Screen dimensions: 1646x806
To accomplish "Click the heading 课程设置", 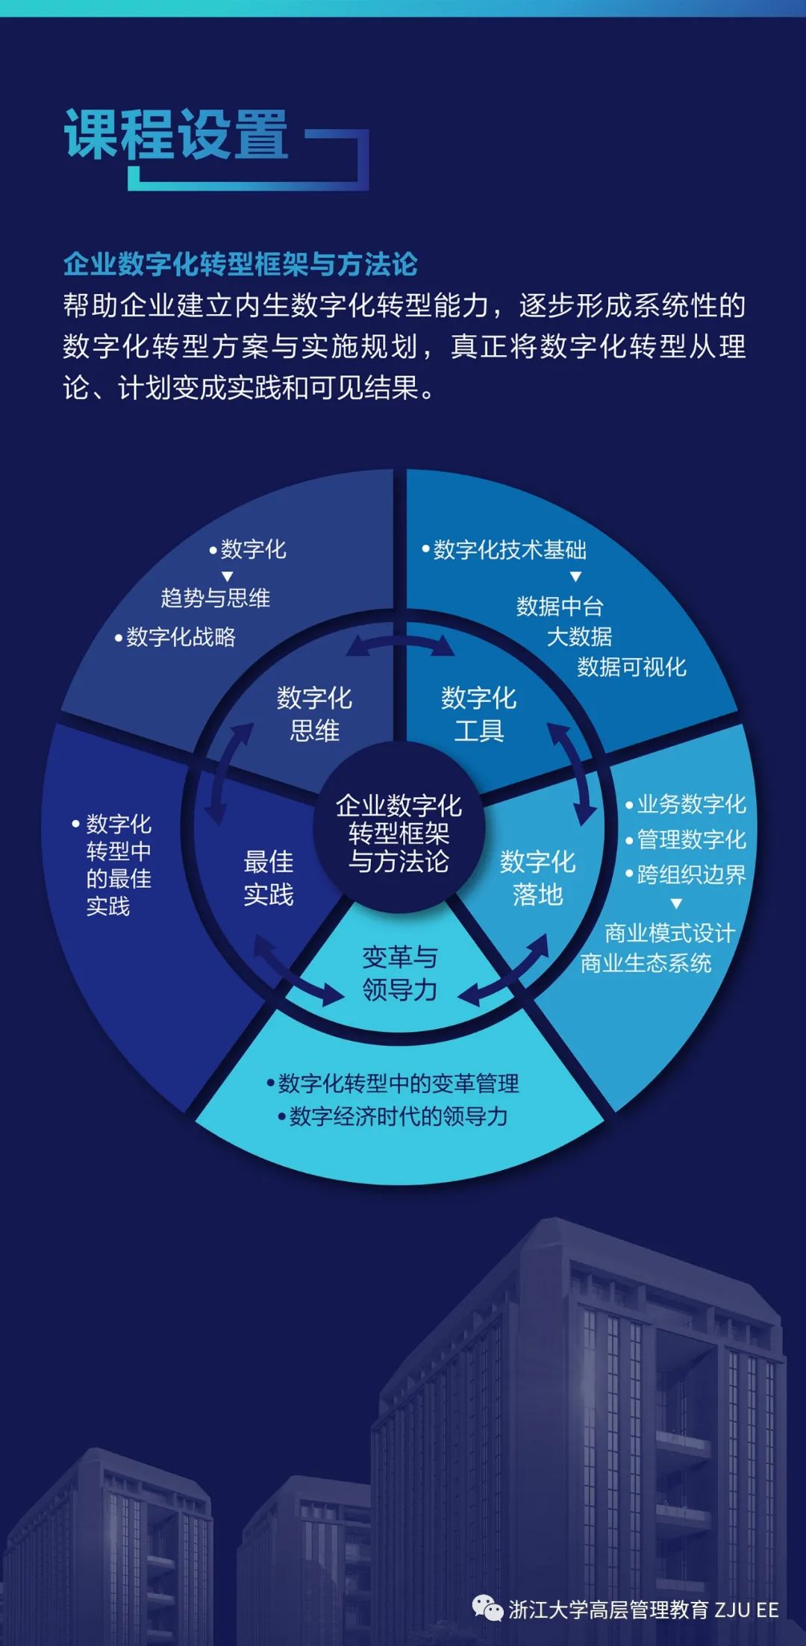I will pyautogui.click(x=176, y=134).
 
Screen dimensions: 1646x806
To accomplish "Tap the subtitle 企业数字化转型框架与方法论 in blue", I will pyautogui.click(x=240, y=264).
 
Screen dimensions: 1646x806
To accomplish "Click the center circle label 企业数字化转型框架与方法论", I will pyautogui.click(x=399, y=833).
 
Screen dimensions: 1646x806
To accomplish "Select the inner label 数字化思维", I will pyautogui.click(x=314, y=714).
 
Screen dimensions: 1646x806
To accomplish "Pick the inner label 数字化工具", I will pyautogui.click(x=478, y=714).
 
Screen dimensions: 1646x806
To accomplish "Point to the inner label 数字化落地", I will pyautogui.click(x=537, y=878).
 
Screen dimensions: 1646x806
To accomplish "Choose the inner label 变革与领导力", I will pyautogui.click(x=399, y=974).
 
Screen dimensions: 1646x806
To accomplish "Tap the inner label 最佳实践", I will pyautogui.click(x=269, y=878).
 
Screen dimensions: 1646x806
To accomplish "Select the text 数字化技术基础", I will pyautogui.click(x=510, y=550).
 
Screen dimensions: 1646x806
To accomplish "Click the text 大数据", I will pyautogui.click(x=579, y=636).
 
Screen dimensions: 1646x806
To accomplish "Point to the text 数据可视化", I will pyautogui.click(x=631, y=667).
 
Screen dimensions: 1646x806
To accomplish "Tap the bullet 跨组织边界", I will pyautogui.click(x=691, y=874).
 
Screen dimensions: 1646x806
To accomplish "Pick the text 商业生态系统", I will pyautogui.click(x=646, y=963).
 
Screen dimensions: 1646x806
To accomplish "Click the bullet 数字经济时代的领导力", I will pyautogui.click(x=398, y=1116).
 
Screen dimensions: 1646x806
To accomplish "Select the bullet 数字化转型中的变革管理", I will pyautogui.click(x=398, y=1083).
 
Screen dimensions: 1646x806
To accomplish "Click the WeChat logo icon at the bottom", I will pyautogui.click(x=487, y=1609).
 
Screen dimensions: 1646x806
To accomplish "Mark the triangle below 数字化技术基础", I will pyautogui.click(x=575, y=577).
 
